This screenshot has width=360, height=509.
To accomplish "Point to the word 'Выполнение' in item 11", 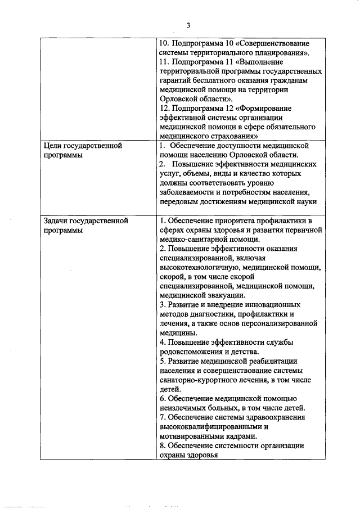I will coord(262,62).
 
